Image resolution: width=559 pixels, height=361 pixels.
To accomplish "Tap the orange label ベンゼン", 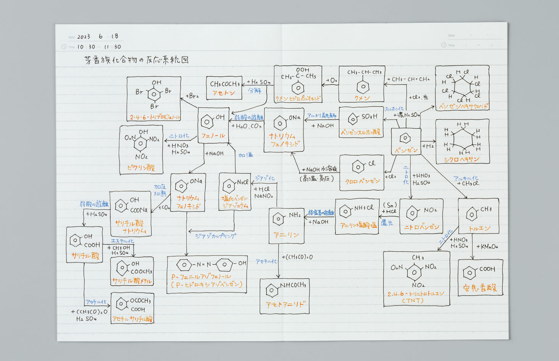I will coord(406,150).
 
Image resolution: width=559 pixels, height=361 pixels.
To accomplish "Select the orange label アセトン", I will coord(224,93).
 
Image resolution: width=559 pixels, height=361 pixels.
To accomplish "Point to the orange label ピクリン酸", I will coord(141,167).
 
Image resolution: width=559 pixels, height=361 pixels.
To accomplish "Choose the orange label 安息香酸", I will coord(480,288).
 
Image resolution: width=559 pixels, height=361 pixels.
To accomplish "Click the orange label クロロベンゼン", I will coord(362,181).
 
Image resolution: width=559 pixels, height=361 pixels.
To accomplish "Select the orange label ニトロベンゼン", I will coord(422,227).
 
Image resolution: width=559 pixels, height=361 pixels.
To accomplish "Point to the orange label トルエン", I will coord(479,228).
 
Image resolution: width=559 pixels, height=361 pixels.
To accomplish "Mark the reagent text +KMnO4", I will coord(487,247).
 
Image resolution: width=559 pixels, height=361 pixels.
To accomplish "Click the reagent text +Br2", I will coord(192,96).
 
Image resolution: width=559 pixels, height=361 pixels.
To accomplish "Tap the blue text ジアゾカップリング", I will coord(215,236).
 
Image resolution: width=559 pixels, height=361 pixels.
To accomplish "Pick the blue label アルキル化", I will coord(465,178).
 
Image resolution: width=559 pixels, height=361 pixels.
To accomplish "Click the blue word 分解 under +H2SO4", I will coord(255,91).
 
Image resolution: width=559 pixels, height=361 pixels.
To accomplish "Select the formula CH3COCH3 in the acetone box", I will coord(225,84).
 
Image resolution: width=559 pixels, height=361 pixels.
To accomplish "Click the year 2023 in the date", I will coord(84,37).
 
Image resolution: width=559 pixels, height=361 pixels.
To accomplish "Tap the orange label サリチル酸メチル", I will coord(132,281).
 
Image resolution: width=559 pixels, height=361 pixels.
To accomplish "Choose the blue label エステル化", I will coord(122,241).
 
